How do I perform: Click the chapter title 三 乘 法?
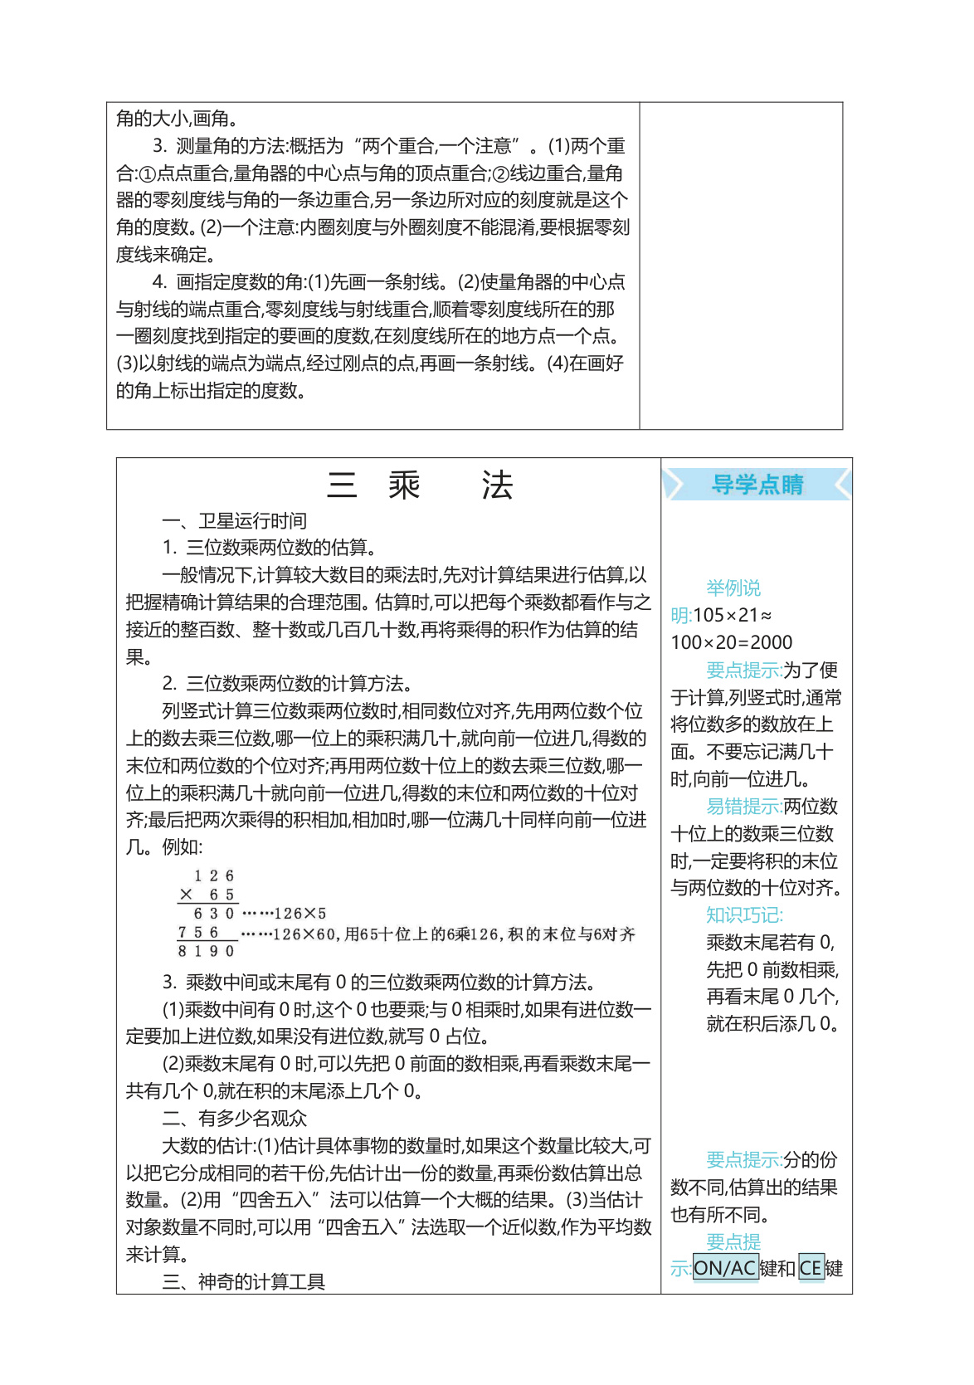[421, 485]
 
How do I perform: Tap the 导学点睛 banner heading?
[757, 485]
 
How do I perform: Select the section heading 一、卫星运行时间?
[234, 521]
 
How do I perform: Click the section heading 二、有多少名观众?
[234, 1119]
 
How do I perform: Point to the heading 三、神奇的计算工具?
[243, 1282]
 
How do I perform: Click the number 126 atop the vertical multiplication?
[214, 876]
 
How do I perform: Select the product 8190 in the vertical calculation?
[207, 951]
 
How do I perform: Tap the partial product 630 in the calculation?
[214, 914]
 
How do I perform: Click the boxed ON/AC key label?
[725, 1269]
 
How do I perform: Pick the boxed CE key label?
[811, 1269]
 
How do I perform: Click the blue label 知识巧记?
[744, 915]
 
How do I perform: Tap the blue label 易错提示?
[744, 807]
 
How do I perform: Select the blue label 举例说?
[733, 588]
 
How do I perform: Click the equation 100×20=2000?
[731, 642]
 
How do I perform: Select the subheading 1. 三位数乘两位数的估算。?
[270, 548]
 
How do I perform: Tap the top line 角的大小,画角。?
[178, 119]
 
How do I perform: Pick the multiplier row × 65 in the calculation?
[207, 895]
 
